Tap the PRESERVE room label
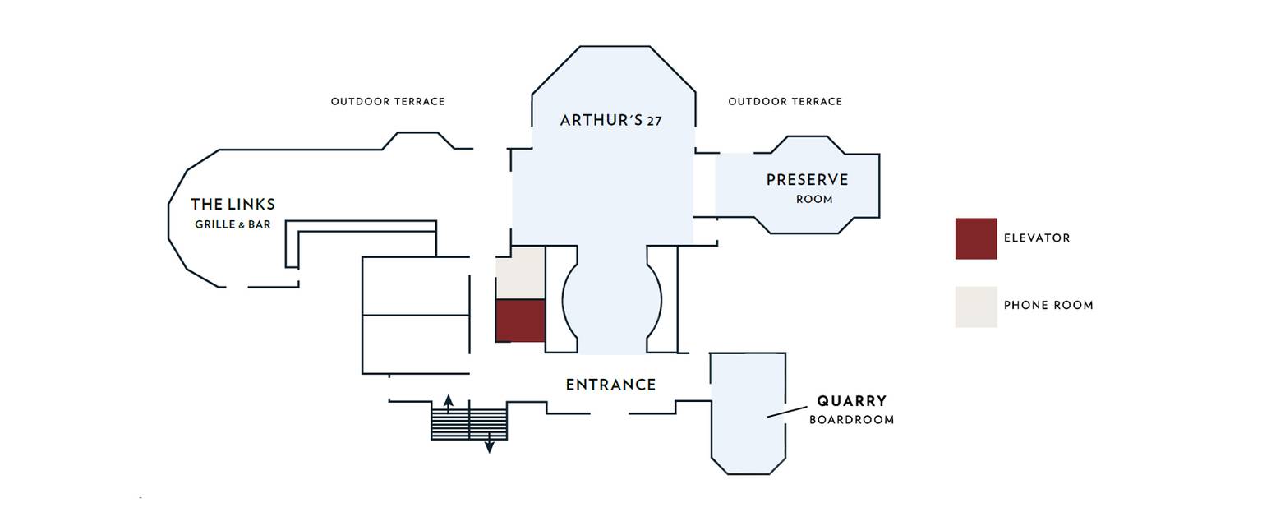pyautogui.click(x=807, y=180)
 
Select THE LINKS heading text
pyautogui.click(x=233, y=205)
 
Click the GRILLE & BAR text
pyautogui.click(x=233, y=224)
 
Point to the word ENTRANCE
pyautogui.click(x=610, y=385)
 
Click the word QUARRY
pyautogui.click(x=851, y=401)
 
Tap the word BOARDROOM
pyautogui.click(x=851, y=420)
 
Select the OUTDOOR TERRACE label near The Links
pyautogui.click(x=388, y=102)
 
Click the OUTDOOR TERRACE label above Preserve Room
pyautogui.click(x=785, y=102)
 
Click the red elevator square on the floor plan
pyautogui.click(x=520, y=321)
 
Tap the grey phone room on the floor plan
pyautogui.click(x=520, y=272)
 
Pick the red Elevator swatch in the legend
pyautogui.click(x=975, y=238)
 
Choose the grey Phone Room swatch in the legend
pyautogui.click(x=975, y=307)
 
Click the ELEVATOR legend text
pyautogui.click(x=1037, y=238)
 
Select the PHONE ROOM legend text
pyautogui.click(x=1048, y=306)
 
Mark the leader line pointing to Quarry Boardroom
pyautogui.click(x=787, y=411)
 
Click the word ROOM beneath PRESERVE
pyautogui.click(x=814, y=200)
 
